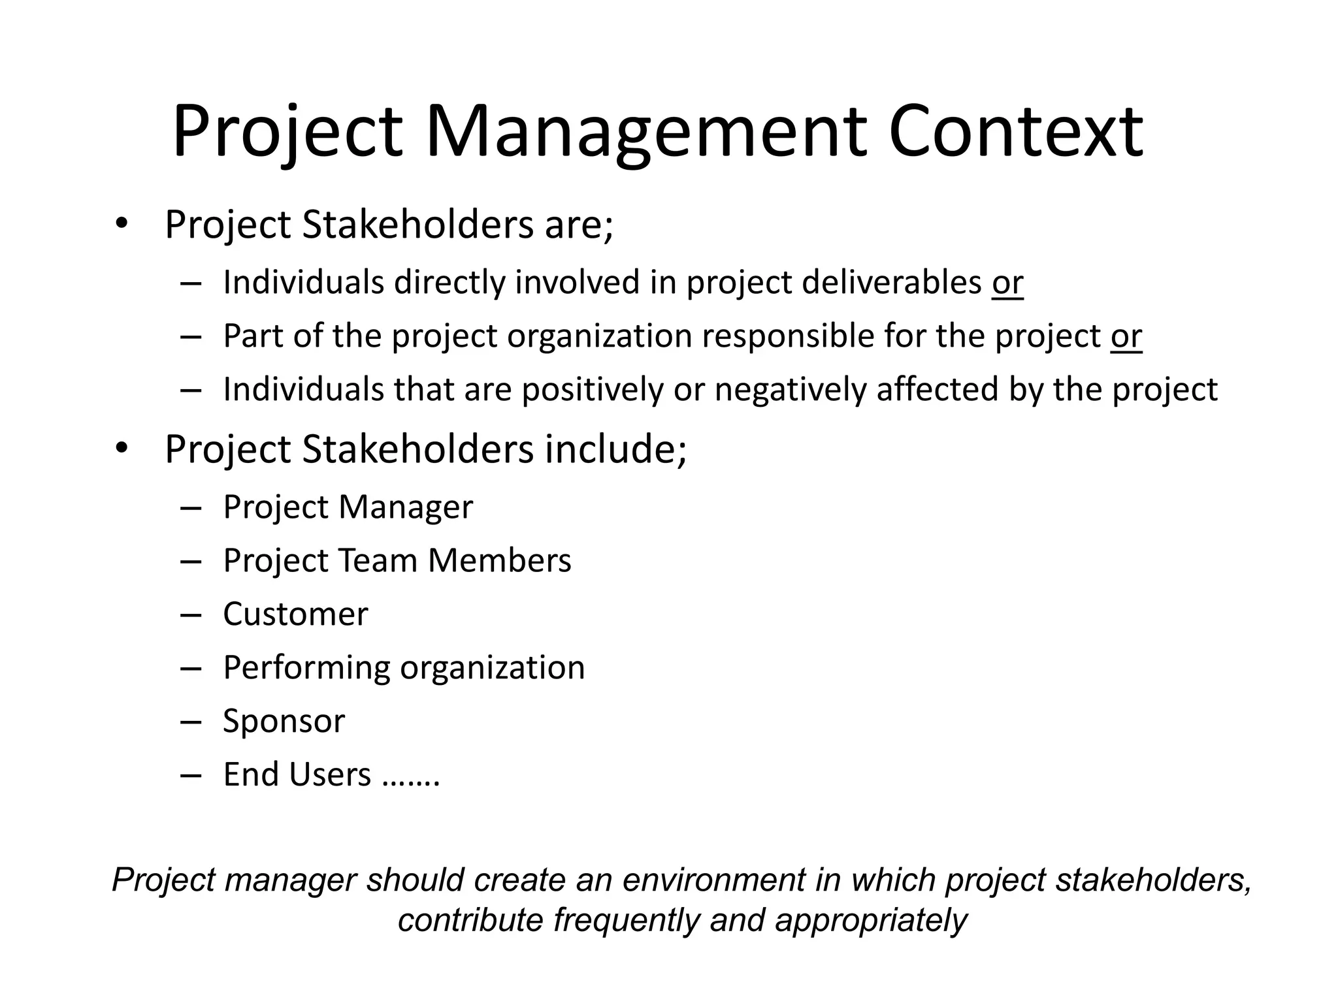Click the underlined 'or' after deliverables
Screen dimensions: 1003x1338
point(1007,283)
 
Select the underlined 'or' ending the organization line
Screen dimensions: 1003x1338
point(1126,336)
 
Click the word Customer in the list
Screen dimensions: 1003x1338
point(295,614)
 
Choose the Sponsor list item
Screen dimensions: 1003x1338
point(284,722)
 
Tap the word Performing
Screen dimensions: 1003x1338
point(306,668)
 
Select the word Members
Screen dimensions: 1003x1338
point(499,561)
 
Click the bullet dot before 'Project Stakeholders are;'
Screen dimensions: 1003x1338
point(122,223)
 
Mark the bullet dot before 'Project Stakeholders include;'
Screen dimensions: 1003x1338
point(122,448)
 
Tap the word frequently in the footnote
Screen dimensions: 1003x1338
point(627,920)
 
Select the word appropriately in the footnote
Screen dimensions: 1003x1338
point(871,921)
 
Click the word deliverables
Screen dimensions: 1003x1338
point(891,283)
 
